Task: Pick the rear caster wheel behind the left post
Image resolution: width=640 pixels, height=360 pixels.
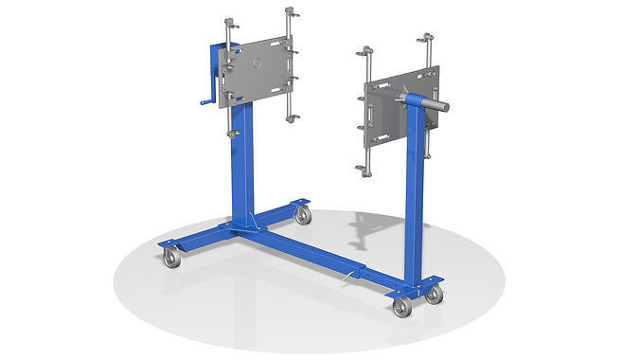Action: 303,215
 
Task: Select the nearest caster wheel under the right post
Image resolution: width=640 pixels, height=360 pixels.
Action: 402,306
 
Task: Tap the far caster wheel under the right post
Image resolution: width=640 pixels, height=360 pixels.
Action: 434,295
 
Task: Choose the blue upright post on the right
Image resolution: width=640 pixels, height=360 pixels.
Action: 414,199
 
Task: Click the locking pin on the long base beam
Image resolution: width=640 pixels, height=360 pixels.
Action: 353,276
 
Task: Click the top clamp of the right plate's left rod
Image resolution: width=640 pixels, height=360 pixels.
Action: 363,50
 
